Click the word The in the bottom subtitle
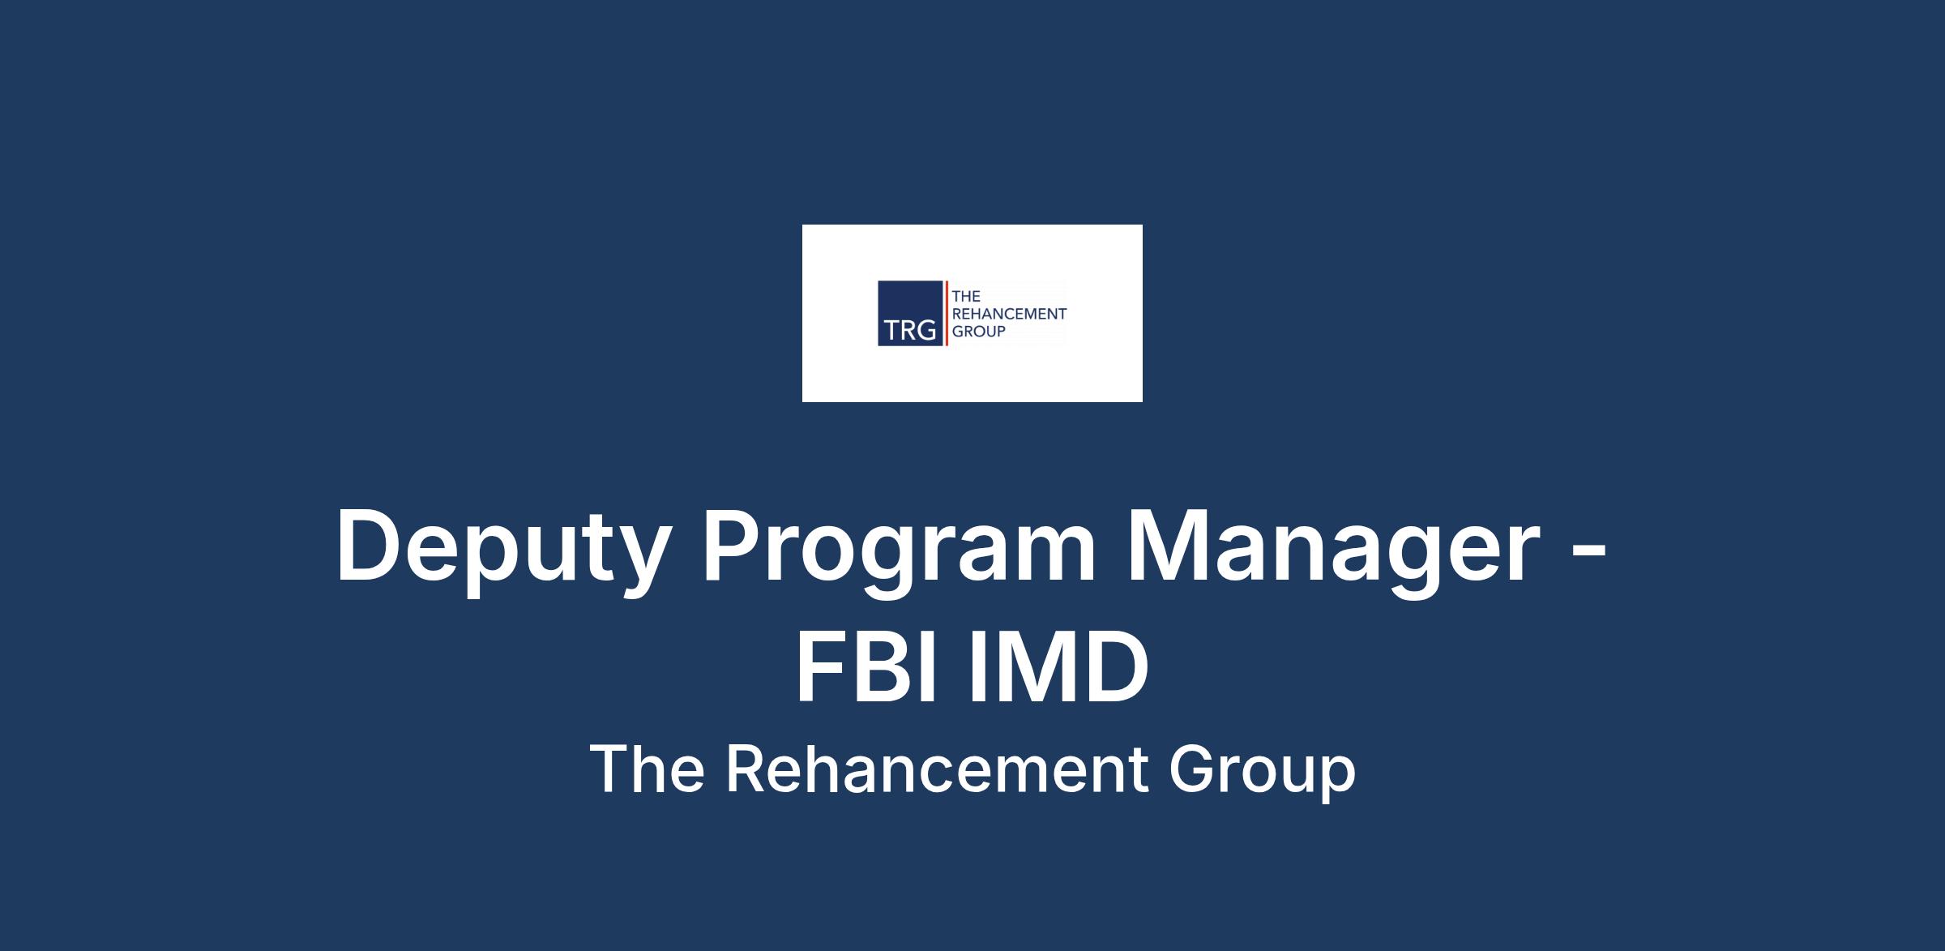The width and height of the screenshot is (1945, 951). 647,769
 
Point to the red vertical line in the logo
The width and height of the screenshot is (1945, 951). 947,313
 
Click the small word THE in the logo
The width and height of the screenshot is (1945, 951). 966,297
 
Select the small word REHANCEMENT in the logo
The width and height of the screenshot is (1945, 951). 1009,314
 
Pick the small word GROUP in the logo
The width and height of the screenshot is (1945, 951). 978,331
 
